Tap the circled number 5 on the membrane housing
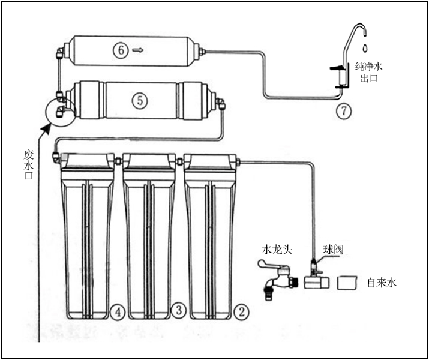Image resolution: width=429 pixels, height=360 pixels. (140, 100)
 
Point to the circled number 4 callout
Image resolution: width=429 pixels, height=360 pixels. (118, 311)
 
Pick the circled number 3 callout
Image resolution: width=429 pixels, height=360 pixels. (178, 310)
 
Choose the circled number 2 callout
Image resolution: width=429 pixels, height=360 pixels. (241, 311)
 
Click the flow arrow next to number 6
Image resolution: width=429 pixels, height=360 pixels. (137, 51)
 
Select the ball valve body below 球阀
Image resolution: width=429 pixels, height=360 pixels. (314, 280)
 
